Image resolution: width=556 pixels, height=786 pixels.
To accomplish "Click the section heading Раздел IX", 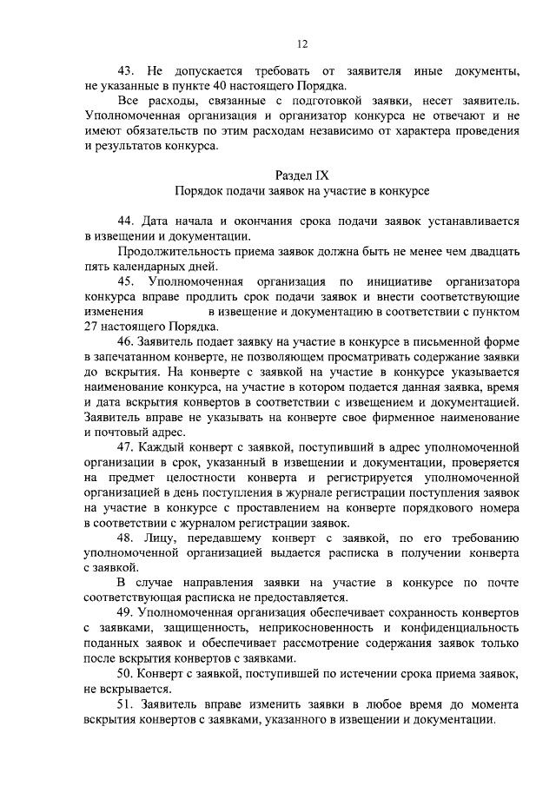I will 302,175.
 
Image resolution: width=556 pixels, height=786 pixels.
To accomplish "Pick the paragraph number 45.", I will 126,282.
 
